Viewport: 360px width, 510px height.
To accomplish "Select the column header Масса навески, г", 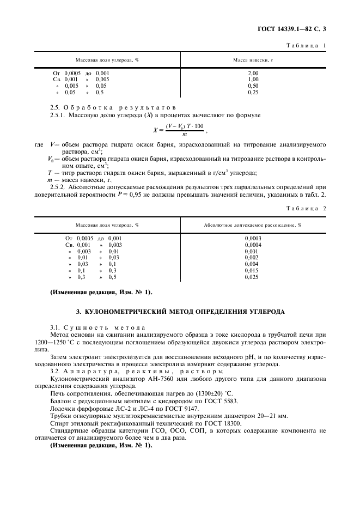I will tap(253, 59).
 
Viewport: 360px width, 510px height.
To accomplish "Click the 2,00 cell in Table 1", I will tap(253, 72).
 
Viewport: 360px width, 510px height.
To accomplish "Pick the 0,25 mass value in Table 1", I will tap(253, 92).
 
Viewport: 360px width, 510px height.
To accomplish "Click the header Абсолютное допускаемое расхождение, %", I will tap(253, 224).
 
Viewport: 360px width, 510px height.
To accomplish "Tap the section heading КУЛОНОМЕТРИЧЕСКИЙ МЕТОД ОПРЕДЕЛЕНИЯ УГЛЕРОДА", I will tap(180, 312).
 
